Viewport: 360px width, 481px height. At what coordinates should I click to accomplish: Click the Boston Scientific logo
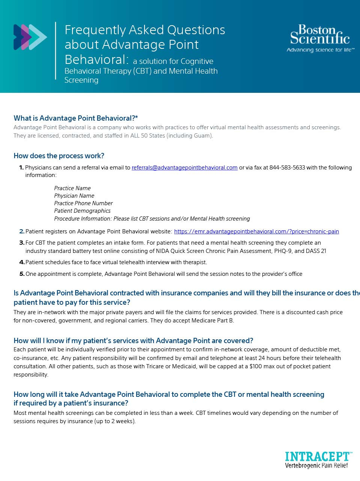pos(320,35)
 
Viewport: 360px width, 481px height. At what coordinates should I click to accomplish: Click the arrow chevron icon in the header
pos(30,37)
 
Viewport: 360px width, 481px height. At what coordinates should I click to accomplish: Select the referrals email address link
pos(184,168)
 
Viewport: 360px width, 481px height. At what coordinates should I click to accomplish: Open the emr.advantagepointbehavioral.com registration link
pos(256,231)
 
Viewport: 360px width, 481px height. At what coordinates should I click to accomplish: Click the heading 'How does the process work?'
pos(59,156)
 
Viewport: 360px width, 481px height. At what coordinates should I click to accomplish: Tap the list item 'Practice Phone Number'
pos(83,203)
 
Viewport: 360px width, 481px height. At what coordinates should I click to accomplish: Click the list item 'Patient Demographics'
pos(82,211)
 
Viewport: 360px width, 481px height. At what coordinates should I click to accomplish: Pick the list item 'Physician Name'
pos(74,196)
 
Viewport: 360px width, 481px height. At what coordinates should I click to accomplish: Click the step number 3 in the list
pos(22,243)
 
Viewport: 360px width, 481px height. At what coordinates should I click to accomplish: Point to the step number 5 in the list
pos(22,274)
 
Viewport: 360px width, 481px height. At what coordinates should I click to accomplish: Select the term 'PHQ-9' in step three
pos(284,251)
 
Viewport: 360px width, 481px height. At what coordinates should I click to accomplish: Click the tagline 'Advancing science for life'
pos(320,50)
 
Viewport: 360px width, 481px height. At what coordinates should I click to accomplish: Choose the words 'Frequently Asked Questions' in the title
pos(145,30)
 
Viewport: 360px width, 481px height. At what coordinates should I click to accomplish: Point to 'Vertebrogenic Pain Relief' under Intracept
pos(316,466)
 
